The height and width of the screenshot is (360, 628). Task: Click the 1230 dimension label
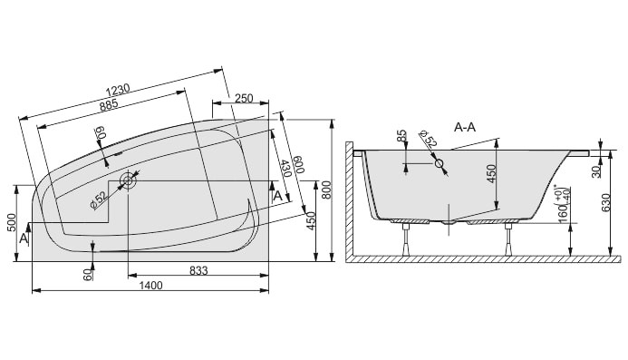(x=118, y=89)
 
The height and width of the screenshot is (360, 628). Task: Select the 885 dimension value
(x=109, y=104)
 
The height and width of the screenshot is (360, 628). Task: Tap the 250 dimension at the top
(x=244, y=98)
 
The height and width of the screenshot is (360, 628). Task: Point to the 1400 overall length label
(x=150, y=286)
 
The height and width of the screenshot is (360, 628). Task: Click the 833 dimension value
(x=198, y=271)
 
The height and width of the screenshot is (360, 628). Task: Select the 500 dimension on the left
(x=12, y=223)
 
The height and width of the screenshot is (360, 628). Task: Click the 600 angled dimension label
(x=299, y=165)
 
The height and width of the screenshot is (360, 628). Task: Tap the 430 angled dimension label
(x=285, y=169)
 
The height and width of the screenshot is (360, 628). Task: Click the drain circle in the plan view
(x=128, y=180)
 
